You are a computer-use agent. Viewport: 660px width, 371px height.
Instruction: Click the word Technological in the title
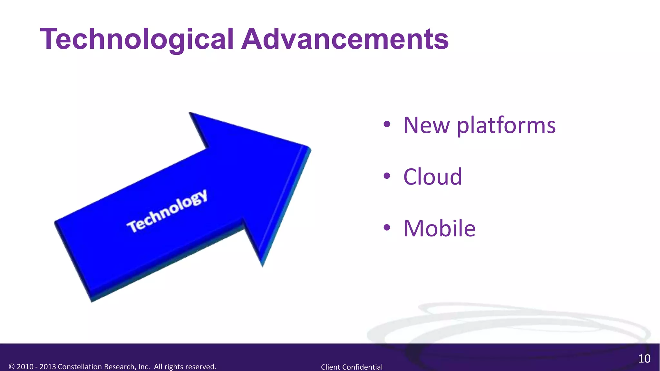[x=137, y=39]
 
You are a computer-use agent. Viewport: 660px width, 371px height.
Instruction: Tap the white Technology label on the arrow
[x=167, y=211]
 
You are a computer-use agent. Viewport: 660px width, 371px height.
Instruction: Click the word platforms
[x=506, y=126]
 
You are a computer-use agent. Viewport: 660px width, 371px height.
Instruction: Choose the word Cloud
[x=432, y=177]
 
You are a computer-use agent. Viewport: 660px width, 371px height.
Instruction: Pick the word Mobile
[x=439, y=228]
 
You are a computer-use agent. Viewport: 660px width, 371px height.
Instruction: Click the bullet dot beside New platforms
[x=387, y=124]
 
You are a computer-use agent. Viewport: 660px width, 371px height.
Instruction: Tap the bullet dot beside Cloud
[x=387, y=176]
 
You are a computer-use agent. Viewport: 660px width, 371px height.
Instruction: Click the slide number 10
[x=644, y=359]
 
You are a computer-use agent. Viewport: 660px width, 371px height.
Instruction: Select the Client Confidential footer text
[x=352, y=367]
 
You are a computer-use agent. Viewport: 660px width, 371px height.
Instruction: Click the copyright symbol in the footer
[x=12, y=367]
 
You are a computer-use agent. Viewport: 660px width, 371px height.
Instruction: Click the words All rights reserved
[x=185, y=367]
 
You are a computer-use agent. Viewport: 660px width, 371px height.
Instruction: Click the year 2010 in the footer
[x=25, y=367]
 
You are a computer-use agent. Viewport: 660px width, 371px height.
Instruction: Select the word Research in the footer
[x=120, y=367]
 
